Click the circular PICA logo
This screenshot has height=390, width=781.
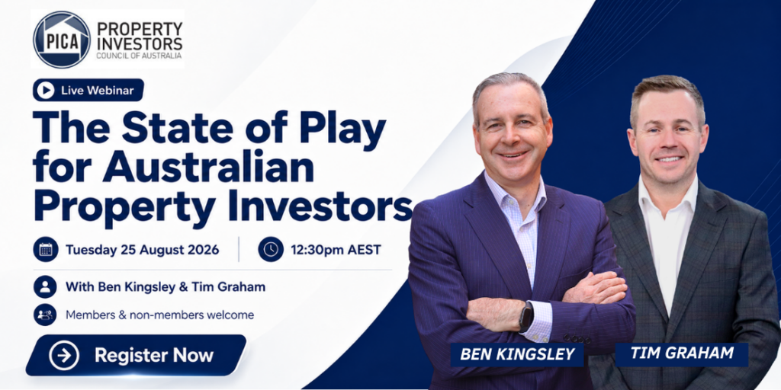point(62,40)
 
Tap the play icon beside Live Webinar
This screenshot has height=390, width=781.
point(46,90)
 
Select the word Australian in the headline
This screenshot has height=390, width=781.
point(208,168)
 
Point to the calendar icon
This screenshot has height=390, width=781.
point(46,249)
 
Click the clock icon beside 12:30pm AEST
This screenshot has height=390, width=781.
point(271,249)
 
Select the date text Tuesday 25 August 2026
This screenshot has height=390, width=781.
point(143,250)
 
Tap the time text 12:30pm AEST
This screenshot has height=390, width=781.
point(336,250)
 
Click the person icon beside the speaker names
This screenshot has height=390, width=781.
point(45,287)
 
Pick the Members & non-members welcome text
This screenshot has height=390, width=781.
point(160,315)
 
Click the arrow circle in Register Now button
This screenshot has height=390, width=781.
point(64,356)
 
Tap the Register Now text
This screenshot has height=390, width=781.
point(154,356)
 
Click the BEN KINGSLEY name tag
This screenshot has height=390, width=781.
point(517,354)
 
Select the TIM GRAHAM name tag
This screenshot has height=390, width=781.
point(681,353)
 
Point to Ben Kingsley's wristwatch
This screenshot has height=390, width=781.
point(526,316)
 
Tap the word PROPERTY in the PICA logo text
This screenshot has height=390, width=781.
point(140,29)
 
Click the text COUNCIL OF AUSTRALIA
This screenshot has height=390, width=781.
point(140,56)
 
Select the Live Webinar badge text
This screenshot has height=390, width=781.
point(98,91)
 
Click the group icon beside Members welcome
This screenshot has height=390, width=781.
point(45,315)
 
